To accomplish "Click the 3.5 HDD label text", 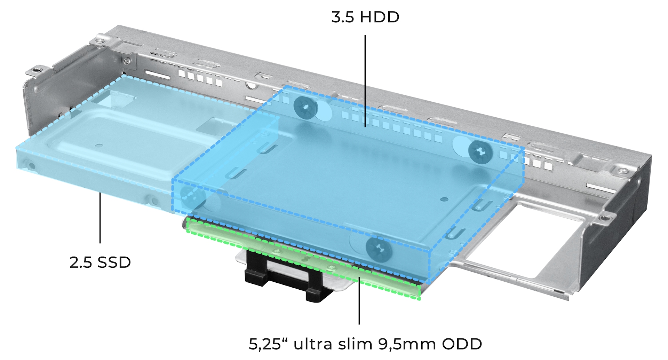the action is click(x=365, y=17).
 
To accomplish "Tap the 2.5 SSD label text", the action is click(x=100, y=263).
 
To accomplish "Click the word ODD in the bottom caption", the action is click(x=462, y=344).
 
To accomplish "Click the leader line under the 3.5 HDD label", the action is click(x=365, y=81).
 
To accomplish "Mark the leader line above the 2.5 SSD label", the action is click(x=100, y=218).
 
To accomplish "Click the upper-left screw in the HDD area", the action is click(x=305, y=107).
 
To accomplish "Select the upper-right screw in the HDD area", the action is click(x=480, y=152).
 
